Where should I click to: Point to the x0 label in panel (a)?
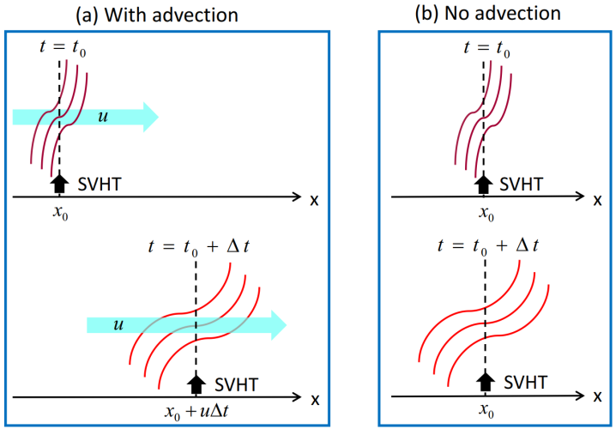59,214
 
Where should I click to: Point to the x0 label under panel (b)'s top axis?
485,214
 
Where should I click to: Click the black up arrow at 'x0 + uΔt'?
197,384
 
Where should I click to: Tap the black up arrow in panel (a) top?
59,183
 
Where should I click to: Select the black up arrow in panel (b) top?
485,183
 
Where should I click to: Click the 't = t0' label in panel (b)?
486,49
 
